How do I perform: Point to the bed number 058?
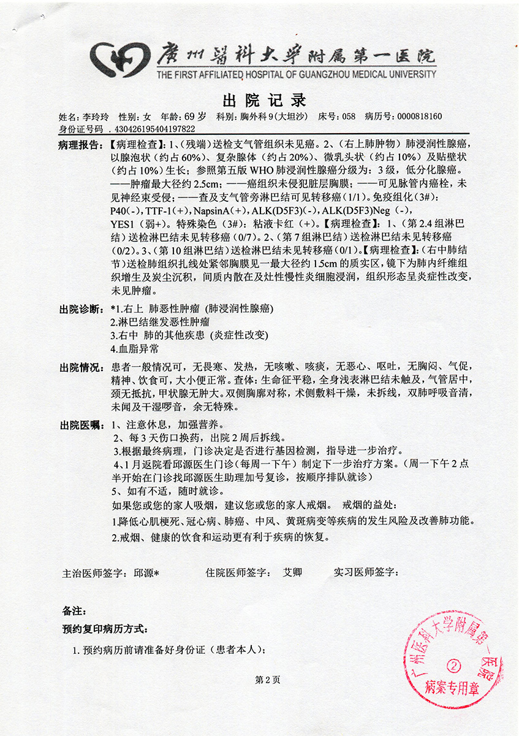[348, 117]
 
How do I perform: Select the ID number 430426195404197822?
[153, 129]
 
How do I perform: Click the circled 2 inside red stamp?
[454, 664]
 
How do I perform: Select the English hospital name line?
[296, 75]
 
